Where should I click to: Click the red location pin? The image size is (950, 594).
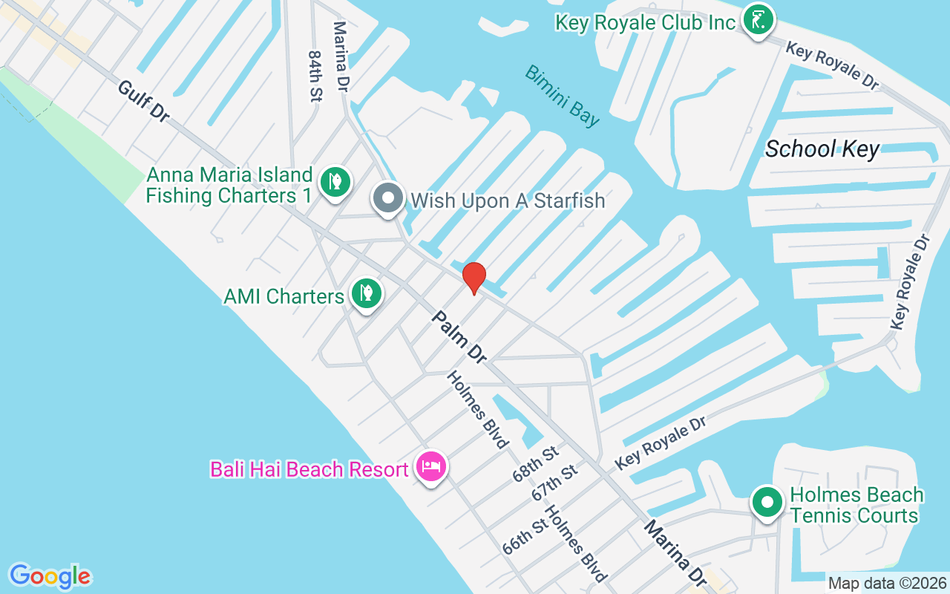(x=474, y=278)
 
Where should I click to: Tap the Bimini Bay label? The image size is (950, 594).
(x=562, y=96)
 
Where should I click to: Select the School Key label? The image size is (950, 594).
(x=822, y=148)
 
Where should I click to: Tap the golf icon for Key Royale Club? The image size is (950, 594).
(x=758, y=20)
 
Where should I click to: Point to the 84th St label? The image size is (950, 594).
(x=315, y=76)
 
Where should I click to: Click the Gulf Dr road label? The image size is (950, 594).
(x=144, y=102)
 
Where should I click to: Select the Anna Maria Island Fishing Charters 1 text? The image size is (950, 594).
(x=229, y=186)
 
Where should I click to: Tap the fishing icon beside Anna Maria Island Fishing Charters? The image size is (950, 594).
(x=335, y=181)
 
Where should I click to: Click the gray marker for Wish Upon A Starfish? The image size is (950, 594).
(x=387, y=198)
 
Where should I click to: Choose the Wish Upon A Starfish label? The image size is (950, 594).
(x=508, y=200)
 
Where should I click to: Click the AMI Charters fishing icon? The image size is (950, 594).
(x=365, y=293)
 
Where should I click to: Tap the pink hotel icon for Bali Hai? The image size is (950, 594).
(x=431, y=466)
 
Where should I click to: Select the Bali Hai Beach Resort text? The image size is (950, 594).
(x=309, y=469)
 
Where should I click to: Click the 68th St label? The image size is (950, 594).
(x=534, y=465)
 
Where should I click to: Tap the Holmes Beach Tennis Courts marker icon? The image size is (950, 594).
(x=767, y=502)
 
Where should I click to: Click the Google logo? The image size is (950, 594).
(x=50, y=575)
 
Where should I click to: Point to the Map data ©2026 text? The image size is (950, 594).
(x=887, y=583)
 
